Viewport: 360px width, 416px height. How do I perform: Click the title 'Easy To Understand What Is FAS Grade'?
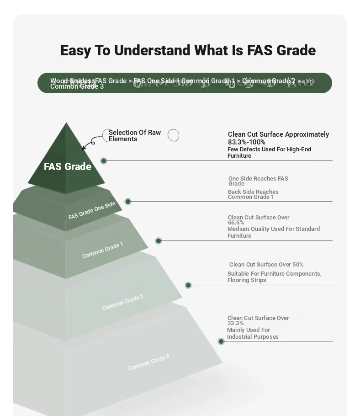pyautogui.click(x=188, y=50)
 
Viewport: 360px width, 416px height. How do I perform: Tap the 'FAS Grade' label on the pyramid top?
pyautogui.click(x=68, y=166)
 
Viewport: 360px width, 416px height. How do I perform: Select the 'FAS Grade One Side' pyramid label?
pyautogui.click(x=92, y=211)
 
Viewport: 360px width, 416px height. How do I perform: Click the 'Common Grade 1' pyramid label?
pyautogui.click(x=102, y=251)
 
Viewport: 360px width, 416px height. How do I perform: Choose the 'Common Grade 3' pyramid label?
pyautogui.click(x=148, y=363)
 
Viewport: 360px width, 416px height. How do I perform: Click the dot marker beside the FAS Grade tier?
pyautogui.click(x=104, y=161)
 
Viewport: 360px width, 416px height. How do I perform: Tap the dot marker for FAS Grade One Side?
pyautogui.click(x=128, y=202)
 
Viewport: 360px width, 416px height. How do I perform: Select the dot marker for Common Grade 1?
pyautogui.click(x=159, y=241)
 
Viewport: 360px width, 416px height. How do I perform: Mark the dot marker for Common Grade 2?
pyautogui.click(x=188, y=285)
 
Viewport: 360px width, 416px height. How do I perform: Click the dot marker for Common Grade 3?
pyautogui.click(x=221, y=341)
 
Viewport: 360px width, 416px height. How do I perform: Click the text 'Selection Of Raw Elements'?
pyautogui.click(x=134, y=136)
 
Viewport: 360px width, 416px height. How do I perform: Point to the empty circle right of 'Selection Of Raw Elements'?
pyautogui.click(x=173, y=135)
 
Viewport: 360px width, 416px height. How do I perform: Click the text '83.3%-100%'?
pyautogui.click(x=247, y=142)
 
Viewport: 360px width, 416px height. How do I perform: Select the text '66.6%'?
pyautogui.click(x=236, y=223)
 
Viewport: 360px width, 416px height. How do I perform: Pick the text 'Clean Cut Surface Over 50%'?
pyautogui.click(x=266, y=265)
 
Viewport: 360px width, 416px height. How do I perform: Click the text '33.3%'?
pyautogui.click(x=235, y=323)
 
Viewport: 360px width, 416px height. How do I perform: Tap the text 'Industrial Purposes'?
pyautogui.click(x=253, y=337)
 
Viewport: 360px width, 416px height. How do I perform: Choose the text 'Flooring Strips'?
pyautogui.click(x=247, y=280)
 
